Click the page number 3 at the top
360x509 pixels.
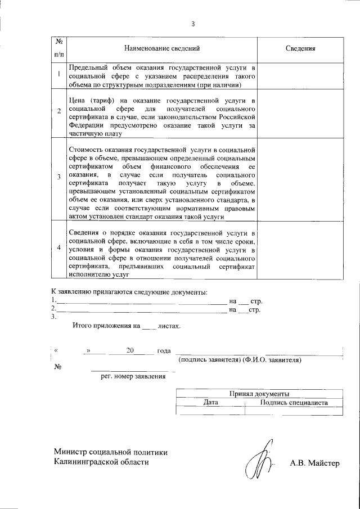pos(193,24)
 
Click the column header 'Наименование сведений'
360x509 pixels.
pos(162,49)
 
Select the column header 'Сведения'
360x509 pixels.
pos(300,49)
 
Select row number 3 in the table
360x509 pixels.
pos(59,178)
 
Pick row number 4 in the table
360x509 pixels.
pos(59,248)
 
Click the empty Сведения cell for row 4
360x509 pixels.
pos(300,250)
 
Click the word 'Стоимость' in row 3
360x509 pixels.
pos(85,150)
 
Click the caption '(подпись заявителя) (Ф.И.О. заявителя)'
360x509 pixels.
pos(240,359)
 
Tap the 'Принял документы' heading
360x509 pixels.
pos(259,394)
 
